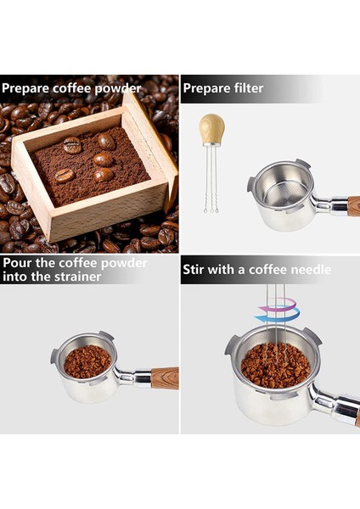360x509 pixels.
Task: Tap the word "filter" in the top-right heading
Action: click(245, 88)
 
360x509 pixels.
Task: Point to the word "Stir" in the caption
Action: click(194, 270)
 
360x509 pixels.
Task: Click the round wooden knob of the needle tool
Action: click(211, 128)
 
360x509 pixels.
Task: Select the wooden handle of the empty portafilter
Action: click(352, 205)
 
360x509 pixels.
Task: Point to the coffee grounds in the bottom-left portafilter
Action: click(87, 361)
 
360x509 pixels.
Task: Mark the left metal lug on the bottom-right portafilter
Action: click(232, 344)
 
